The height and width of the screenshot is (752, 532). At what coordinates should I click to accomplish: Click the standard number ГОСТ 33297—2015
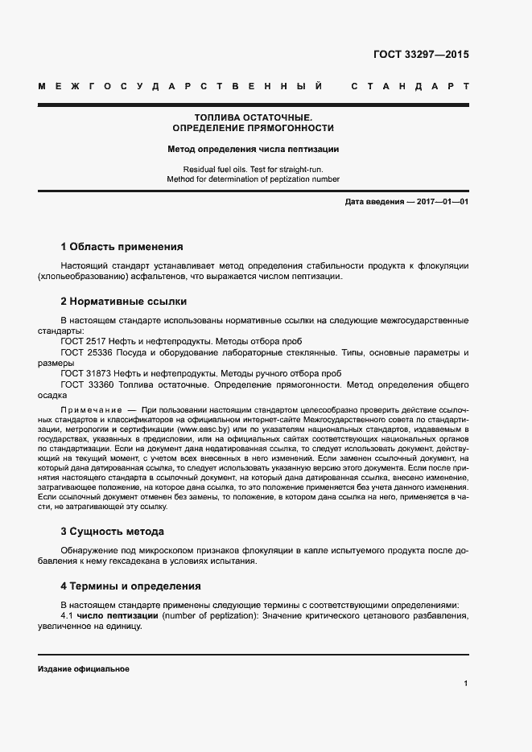[x=421, y=55]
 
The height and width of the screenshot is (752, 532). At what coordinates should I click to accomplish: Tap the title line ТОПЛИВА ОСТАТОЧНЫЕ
[x=253, y=117]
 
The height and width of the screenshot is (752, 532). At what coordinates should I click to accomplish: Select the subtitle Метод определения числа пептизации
[x=253, y=149]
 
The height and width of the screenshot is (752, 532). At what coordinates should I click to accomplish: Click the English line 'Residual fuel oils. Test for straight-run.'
[x=253, y=169]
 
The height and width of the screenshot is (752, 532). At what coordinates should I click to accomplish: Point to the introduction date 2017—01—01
[x=442, y=201]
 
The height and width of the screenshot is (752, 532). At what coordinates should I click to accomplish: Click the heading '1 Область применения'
[x=122, y=247]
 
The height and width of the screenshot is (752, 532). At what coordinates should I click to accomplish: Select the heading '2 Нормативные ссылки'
[x=124, y=302]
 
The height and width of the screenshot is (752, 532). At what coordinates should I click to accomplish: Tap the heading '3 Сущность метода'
[x=113, y=532]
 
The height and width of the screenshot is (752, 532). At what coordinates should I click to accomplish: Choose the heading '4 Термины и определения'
[x=131, y=586]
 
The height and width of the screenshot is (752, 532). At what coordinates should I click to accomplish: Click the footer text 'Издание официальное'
[x=84, y=669]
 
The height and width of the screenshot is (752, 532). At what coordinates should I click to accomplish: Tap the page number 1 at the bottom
[x=466, y=684]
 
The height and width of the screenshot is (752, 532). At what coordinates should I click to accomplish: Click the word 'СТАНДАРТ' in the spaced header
[x=410, y=86]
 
